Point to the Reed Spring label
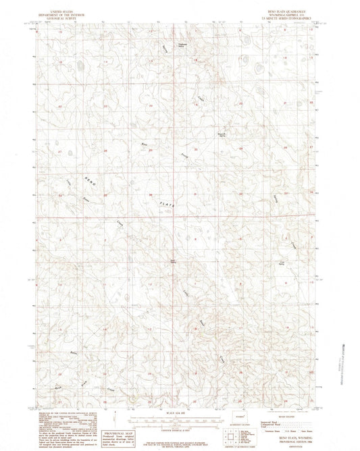point(174,261)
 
